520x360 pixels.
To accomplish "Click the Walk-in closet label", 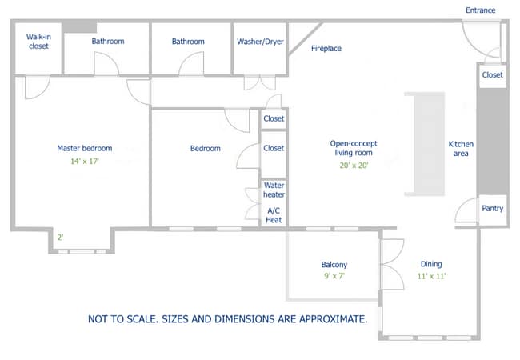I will point(38,42).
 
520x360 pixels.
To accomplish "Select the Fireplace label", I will point(326,49).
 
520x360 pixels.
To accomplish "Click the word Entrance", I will point(480,10).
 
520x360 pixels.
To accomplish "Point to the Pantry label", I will point(493,209).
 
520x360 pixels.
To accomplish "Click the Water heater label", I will point(274,190).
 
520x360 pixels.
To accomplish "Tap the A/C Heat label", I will point(274,214).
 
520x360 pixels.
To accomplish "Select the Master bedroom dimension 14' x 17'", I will point(84,161).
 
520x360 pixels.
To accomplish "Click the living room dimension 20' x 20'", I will point(354,166).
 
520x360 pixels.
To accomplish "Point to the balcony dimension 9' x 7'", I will point(334,277).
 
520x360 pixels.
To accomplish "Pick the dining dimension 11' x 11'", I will point(431,277).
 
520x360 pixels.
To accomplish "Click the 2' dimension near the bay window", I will point(60,237).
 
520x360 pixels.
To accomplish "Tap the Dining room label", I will point(431,264).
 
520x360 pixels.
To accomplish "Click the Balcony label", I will point(334,265).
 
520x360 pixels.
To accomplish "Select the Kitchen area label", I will point(461,149).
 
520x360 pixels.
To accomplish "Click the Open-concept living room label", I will point(354,149).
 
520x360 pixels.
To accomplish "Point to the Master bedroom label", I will point(84,148).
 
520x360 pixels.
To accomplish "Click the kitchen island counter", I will point(425,144).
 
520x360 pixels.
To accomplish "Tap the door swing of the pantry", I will point(464,212).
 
